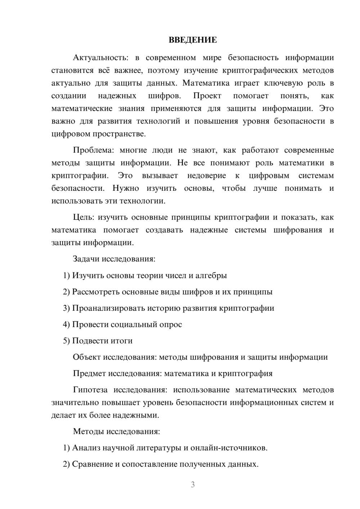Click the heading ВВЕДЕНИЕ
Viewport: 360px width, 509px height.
click(193, 40)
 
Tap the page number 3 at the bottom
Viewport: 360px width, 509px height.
click(193, 485)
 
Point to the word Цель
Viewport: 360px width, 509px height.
click(84, 217)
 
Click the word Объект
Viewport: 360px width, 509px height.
click(87, 357)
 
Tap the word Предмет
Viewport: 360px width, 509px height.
click(89, 373)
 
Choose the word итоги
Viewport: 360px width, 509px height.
click(122, 341)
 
